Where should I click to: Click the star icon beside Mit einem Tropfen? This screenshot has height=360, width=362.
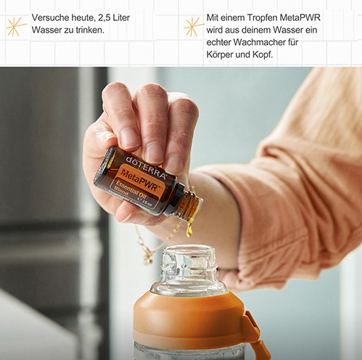point(193,27)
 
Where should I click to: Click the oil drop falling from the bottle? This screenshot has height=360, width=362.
point(189,230)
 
